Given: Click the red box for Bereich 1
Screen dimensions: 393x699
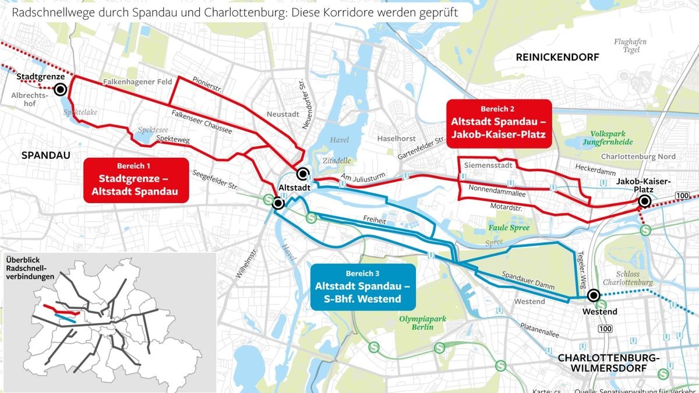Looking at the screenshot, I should [x=136, y=180].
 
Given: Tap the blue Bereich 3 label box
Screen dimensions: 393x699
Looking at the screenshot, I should [x=362, y=286].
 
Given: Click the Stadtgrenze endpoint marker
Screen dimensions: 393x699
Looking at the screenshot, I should [x=59, y=90].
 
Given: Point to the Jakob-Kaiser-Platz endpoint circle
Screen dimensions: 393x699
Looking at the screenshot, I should [x=644, y=201].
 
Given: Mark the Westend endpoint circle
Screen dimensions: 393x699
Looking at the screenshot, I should [x=594, y=296].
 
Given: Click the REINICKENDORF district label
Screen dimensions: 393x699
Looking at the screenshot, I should [x=557, y=56].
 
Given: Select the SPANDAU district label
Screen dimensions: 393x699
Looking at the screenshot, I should [x=45, y=155].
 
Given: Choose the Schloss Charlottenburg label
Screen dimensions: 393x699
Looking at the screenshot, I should [x=634, y=278].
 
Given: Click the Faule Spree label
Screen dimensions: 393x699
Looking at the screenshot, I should [x=509, y=228].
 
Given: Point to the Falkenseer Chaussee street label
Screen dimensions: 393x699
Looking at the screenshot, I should [x=202, y=122].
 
